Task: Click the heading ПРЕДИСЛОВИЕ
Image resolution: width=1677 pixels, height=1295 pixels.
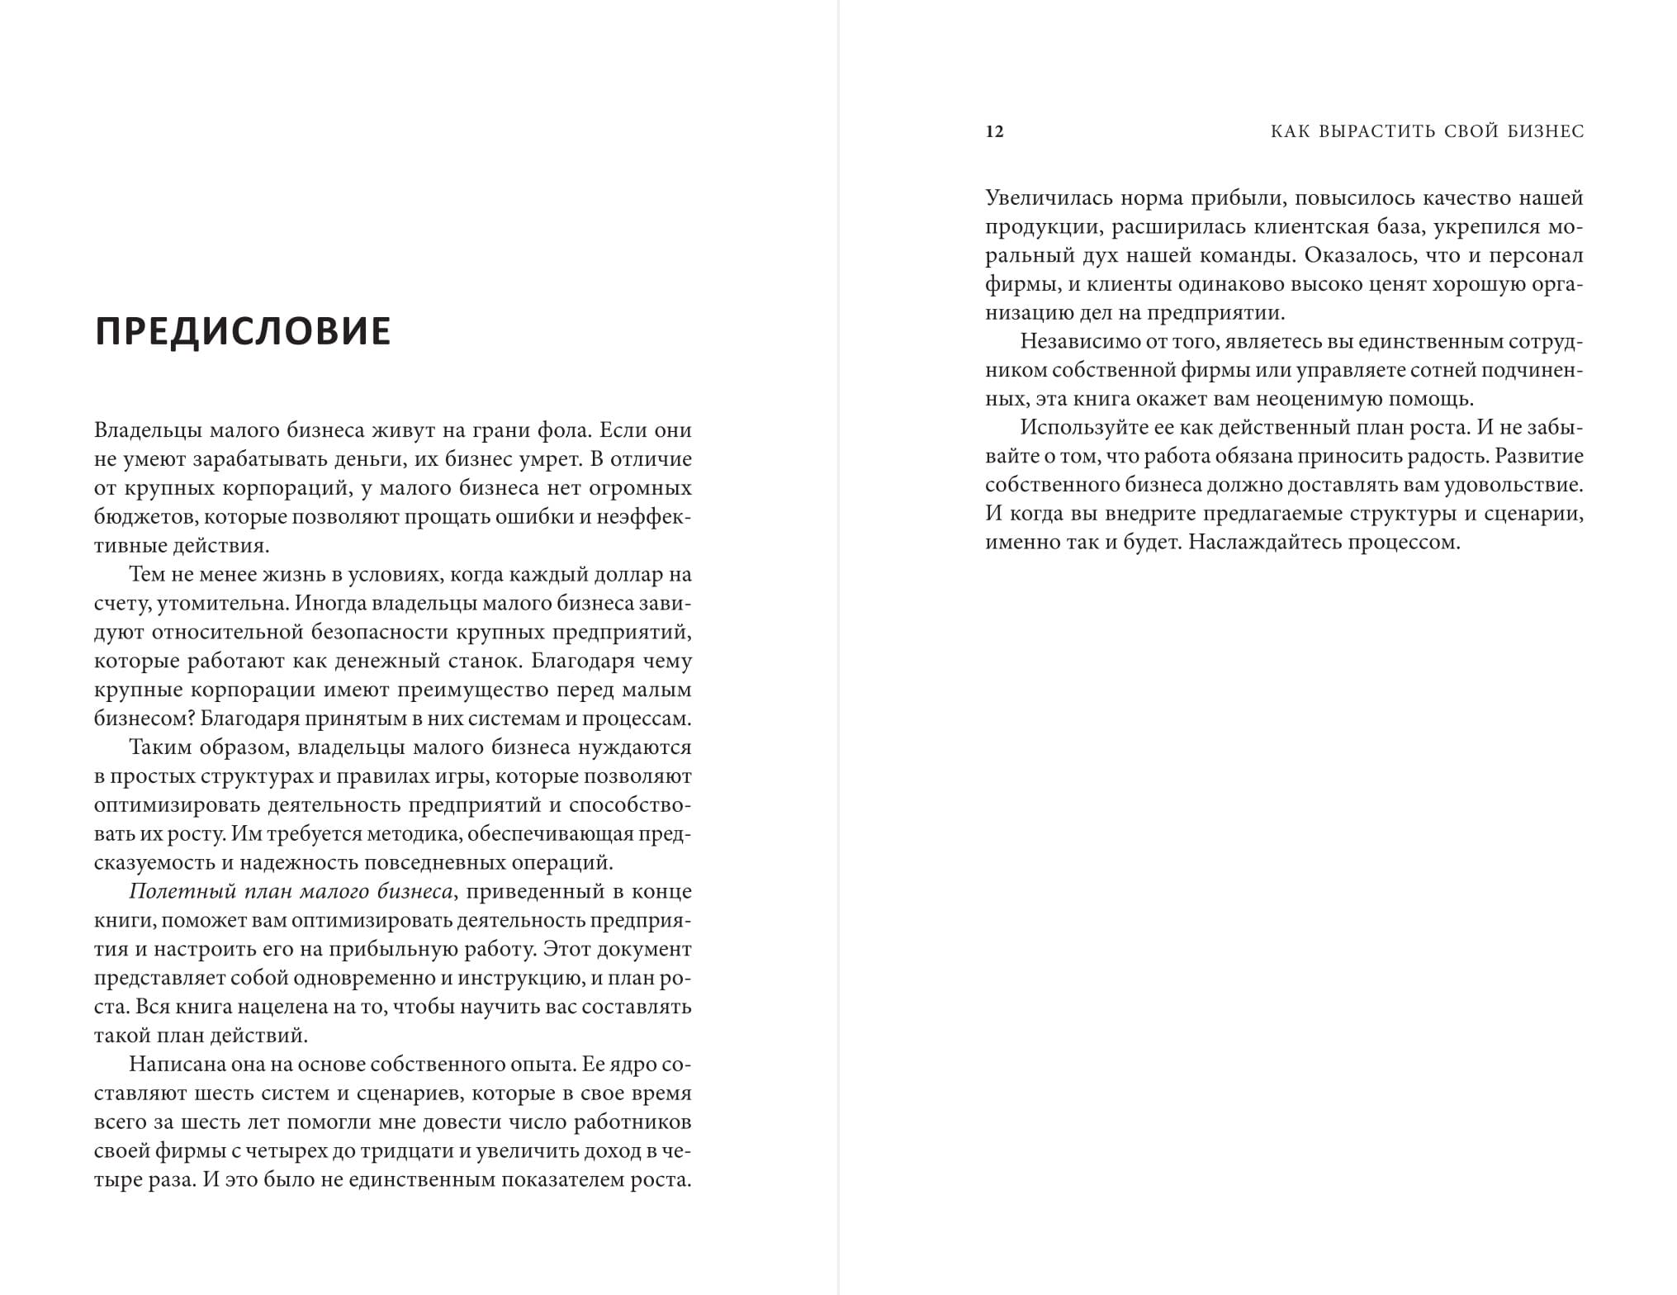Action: click(243, 331)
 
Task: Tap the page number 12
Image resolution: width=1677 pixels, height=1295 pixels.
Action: click(994, 132)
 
